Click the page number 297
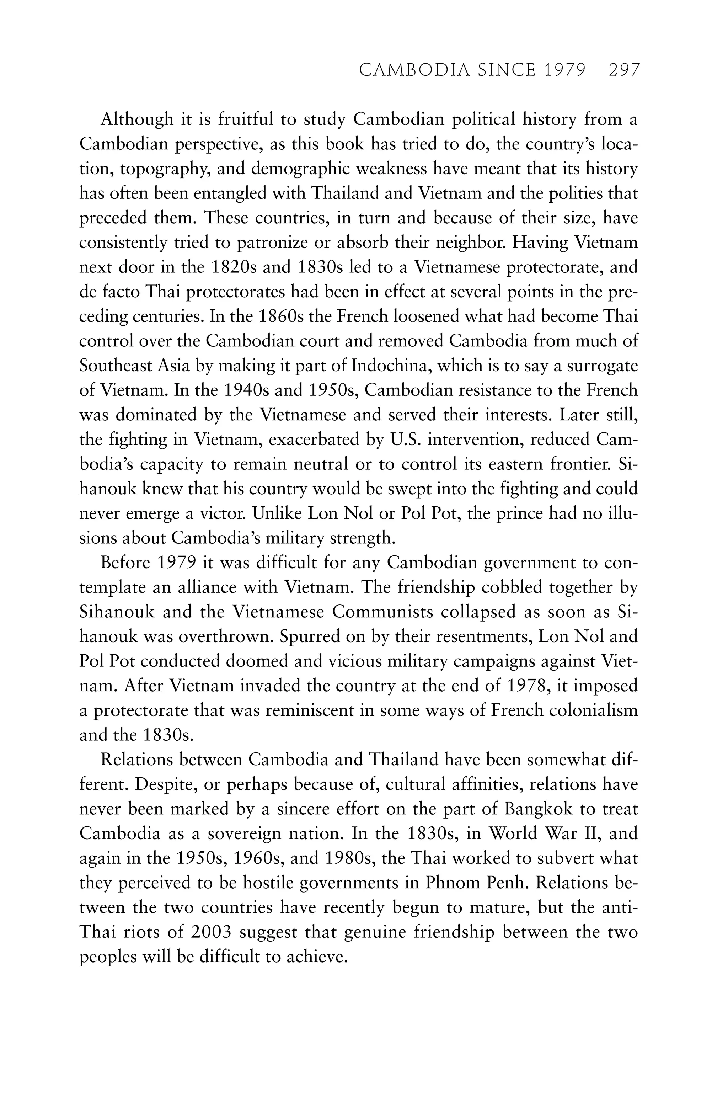point(624,70)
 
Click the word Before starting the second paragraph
point(125,563)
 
